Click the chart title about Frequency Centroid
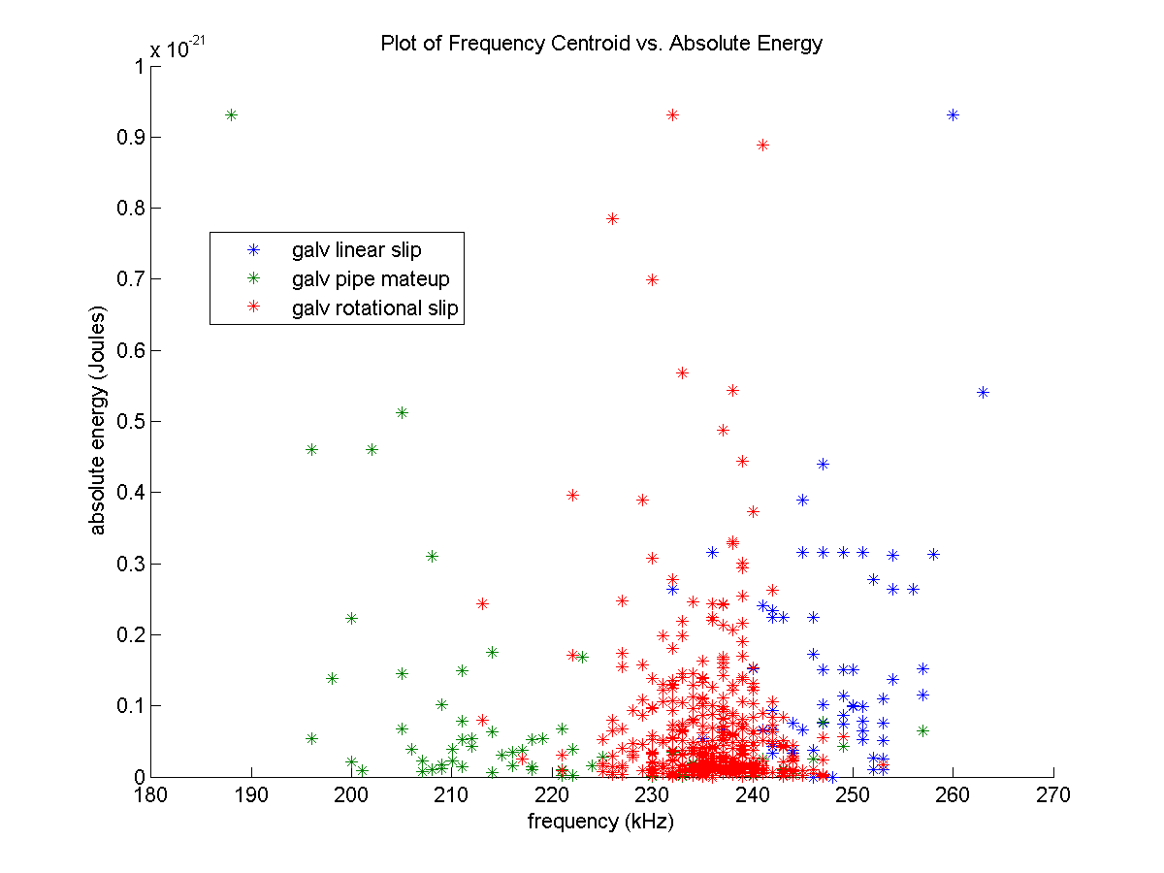click(x=601, y=44)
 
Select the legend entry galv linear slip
click(x=356, y=250)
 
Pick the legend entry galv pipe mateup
click(x=370, y=279)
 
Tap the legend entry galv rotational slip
click(x=374, y=309)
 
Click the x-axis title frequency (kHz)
click(x=600, y=822)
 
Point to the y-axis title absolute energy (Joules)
click(x=99, y=421)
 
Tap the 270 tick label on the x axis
click(x=1053, y=796)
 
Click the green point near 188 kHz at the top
click(x=232, y=114)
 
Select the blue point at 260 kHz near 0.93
click(x=954, y=114)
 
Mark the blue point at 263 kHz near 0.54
click(x=983, y=392)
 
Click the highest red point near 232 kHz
click(x=672, y=114)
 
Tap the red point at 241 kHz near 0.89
click(x=762, y=145)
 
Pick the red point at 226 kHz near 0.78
click(x=612, y=218)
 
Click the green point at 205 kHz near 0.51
click(x=402, y=412)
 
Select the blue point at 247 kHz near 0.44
click(x=823, y=464)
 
